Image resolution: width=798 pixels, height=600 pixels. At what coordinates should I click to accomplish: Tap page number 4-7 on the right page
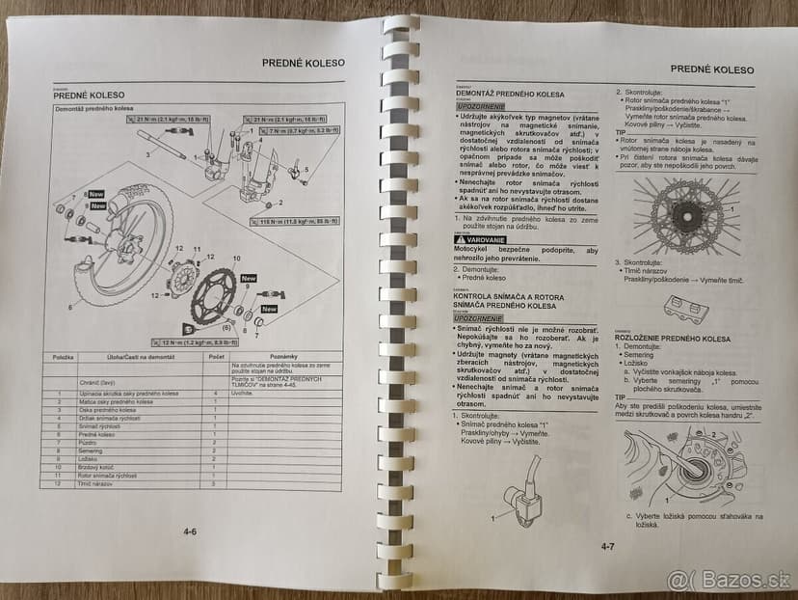click(608, 547)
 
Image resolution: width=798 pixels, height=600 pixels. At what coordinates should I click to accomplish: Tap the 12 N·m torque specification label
click(196, 342)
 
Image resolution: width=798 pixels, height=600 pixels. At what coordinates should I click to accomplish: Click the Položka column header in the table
click(64, 357)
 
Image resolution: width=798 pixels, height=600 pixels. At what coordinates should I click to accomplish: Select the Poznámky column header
click(285, 357)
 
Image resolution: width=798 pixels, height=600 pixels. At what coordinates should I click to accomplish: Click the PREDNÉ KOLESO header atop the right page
click(711, 69)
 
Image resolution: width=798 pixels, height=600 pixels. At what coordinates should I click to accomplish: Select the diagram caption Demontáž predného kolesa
click(93, 110)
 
